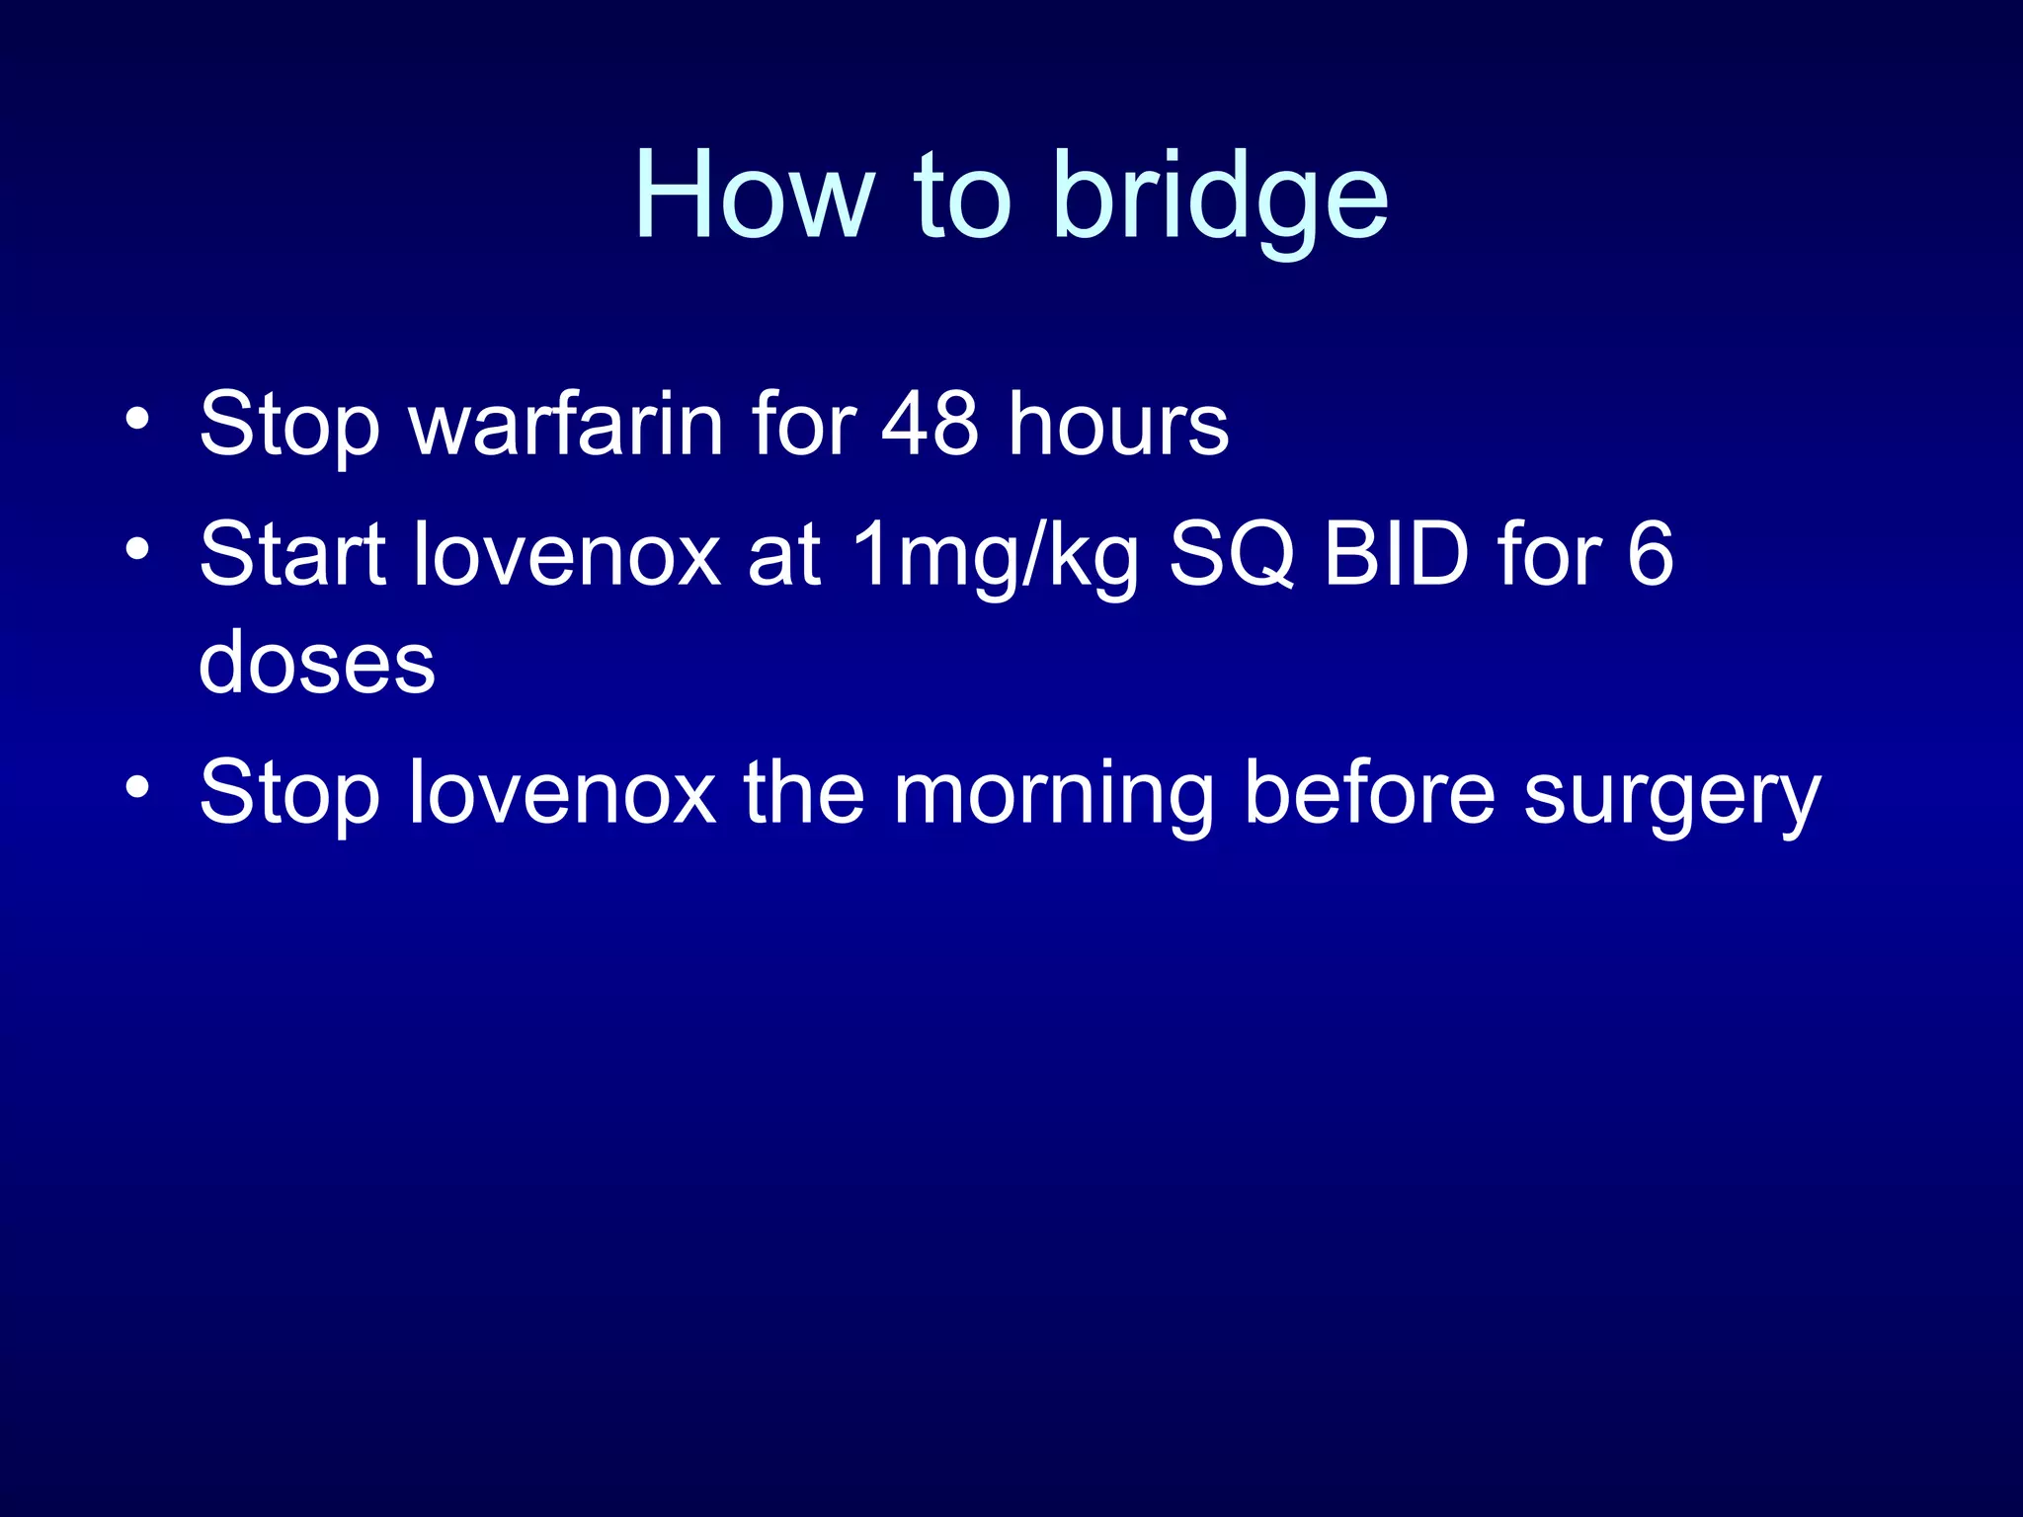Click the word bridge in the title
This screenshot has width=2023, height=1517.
coord(1221,198)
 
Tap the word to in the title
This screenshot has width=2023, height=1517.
coord(962,196)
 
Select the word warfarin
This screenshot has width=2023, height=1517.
coord(567,425)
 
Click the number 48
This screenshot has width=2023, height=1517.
coord(930,425)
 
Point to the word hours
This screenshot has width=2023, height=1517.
coord(1118,425)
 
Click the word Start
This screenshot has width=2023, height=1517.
coord(292,555)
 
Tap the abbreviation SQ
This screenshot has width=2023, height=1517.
coord(1231,555)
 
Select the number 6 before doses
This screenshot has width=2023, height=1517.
coord(1650,555)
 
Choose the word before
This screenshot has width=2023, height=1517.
coord(1370,793)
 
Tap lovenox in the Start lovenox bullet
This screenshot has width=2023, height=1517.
coord(567,555)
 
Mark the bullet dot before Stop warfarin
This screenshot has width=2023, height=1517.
coord(137,419)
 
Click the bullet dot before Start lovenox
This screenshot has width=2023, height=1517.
coord(137,548)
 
